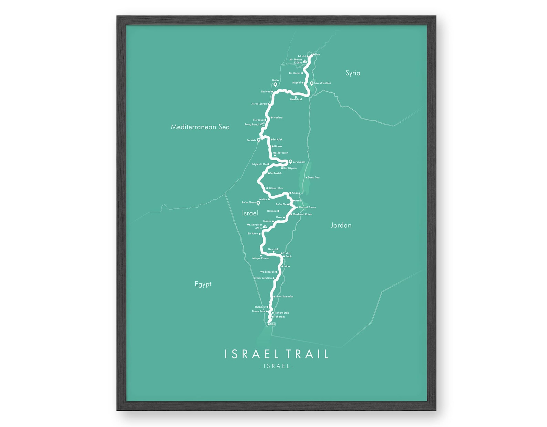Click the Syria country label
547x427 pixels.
point(353,73)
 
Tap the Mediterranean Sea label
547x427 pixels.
point(200,127)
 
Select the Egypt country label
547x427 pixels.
point(203,284)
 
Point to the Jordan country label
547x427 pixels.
point(341,225)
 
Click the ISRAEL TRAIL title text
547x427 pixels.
point(277,354)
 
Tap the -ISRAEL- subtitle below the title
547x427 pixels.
point(277,366)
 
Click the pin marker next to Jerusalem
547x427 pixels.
point(290,161)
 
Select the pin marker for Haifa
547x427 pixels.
point(275,84)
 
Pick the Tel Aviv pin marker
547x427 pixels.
point(259,140)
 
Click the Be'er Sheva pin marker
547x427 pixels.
point(258,203)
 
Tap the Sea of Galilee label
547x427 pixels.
point(322,83)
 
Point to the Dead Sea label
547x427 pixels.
point(313,177)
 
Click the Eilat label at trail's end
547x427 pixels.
point(272,324)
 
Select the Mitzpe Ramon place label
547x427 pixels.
point(261,258)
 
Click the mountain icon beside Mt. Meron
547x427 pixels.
point(305,61)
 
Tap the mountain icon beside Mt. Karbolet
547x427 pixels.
point(265,226)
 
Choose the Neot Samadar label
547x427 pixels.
point(285,296)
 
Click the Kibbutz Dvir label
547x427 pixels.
point(276,188)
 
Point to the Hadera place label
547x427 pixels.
point(278,118)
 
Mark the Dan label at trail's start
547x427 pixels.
point(317,54)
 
